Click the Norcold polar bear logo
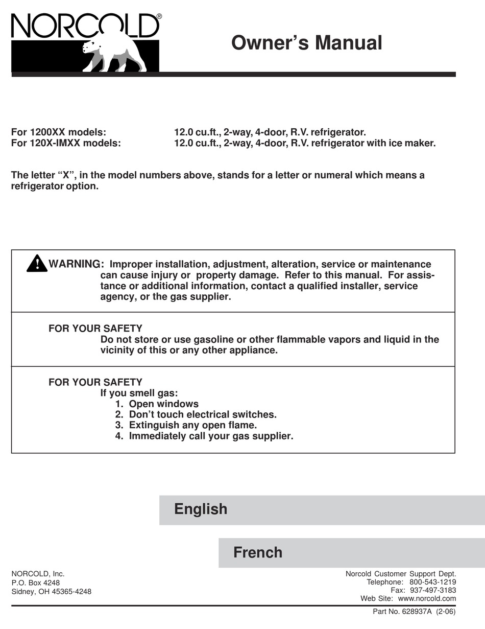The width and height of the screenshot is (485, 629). coord(115,54)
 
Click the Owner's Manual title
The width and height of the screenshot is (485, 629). coord(306,42)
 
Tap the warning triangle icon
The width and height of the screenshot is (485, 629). coord(37,264)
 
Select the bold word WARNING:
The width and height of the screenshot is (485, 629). coord(76,264)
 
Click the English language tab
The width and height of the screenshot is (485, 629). coord(201,509)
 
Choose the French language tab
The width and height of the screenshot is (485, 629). coord(257,552)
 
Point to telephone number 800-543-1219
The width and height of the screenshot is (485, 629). coord(432,582)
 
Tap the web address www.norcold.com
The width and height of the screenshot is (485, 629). coord(427,598)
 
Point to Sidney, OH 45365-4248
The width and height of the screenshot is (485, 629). coord(51,592)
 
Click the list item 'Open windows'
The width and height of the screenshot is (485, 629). coord(163,404)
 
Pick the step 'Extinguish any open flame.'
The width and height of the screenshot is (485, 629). coord(193,425)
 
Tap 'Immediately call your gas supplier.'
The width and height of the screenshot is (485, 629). coord(211,436)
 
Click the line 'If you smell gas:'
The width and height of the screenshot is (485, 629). coord(139,393)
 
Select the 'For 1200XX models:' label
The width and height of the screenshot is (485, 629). coord(59,132)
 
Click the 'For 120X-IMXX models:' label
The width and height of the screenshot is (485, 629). coord(66,143)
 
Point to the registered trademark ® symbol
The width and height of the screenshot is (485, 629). coord(159,16)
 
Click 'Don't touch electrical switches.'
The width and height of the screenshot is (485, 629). coord(202,414)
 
